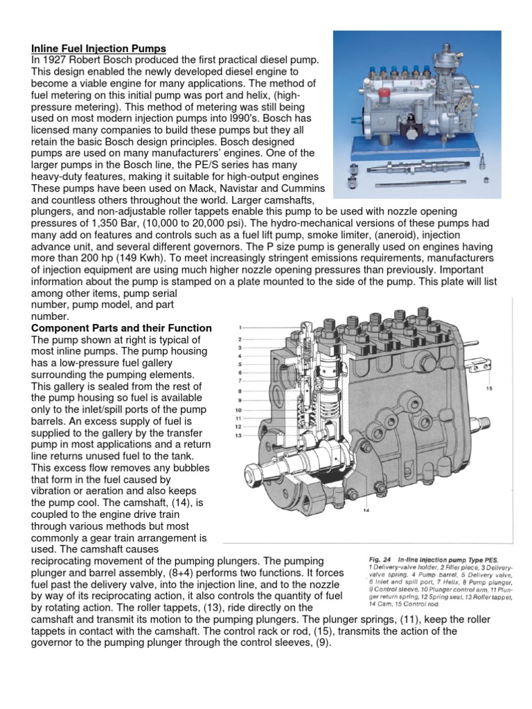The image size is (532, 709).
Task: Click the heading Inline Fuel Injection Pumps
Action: click(98, 48)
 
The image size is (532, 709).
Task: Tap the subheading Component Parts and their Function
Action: click(121, 327)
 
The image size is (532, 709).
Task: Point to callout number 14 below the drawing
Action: click(366, 512)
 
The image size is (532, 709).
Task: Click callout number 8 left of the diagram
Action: click(240, 391)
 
